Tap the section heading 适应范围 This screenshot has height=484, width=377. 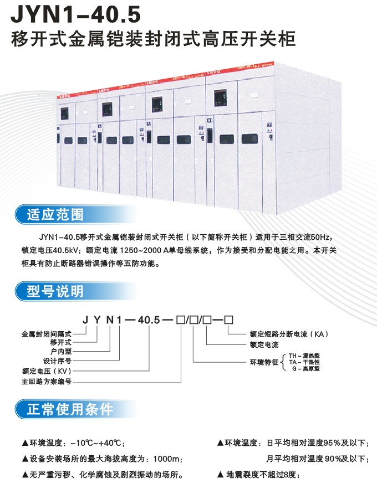(55, 214)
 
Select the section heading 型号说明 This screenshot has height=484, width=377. (55, 291)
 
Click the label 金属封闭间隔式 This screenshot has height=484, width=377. (47, 334)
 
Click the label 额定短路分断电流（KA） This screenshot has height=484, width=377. (289, 334)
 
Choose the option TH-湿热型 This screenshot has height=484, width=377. (304, 356)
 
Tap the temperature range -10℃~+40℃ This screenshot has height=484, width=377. (96, 443)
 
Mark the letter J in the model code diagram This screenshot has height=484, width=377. (85, 320)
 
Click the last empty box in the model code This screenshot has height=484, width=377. (227, 320)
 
